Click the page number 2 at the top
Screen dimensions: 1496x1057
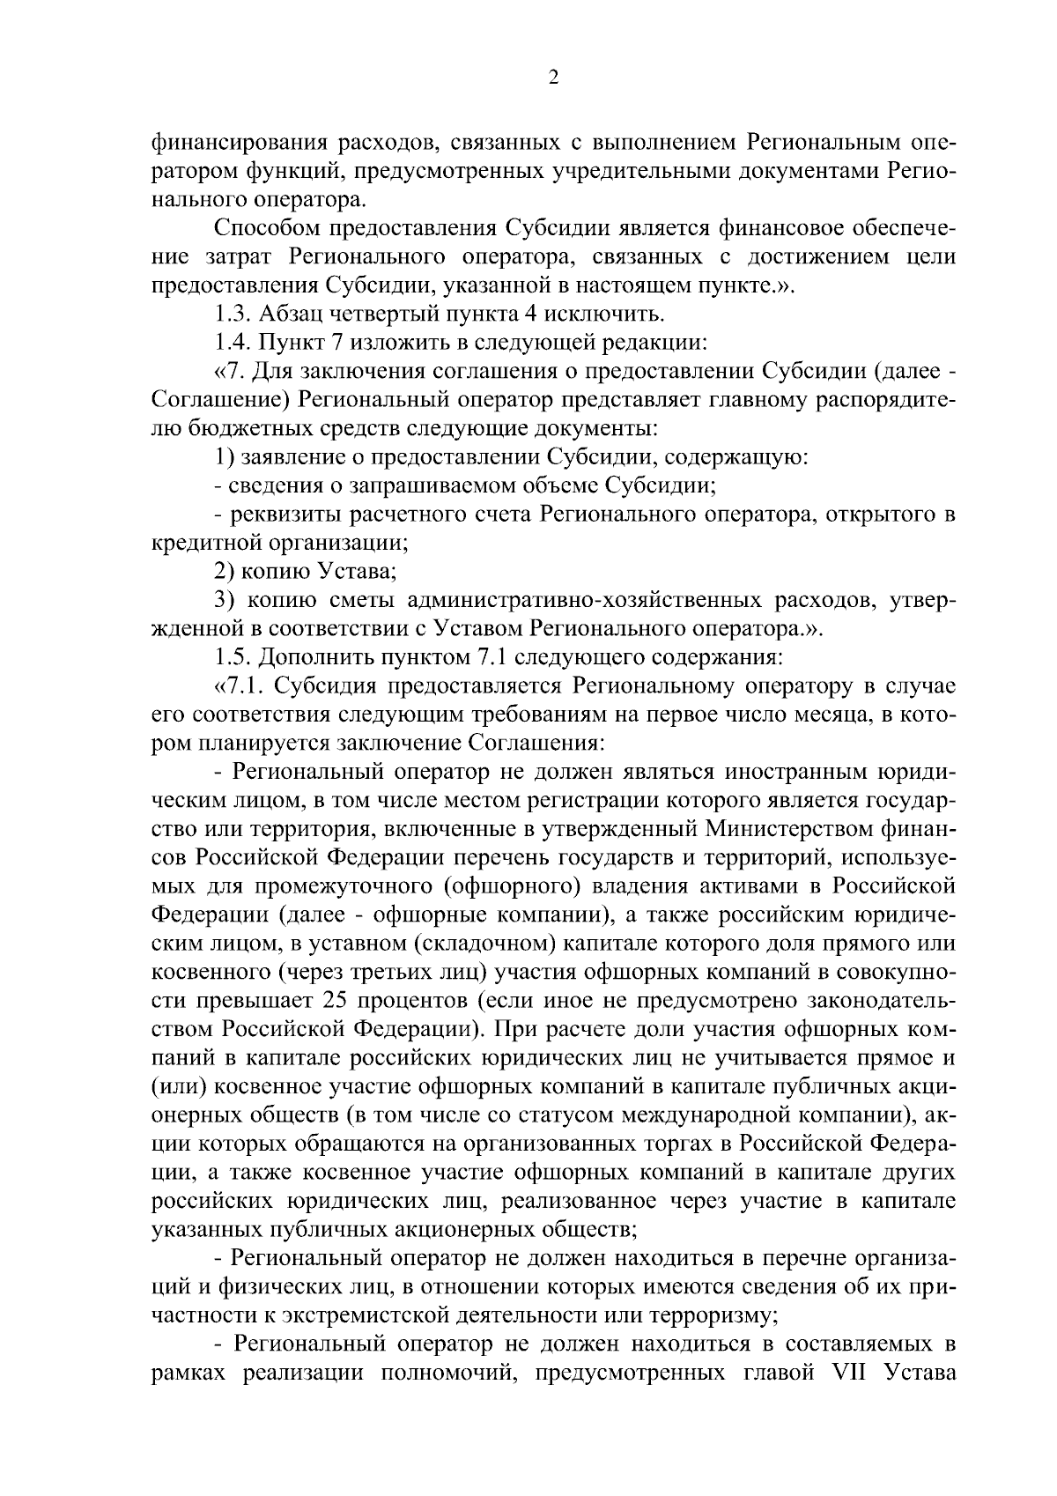click(x=553, y=78)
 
